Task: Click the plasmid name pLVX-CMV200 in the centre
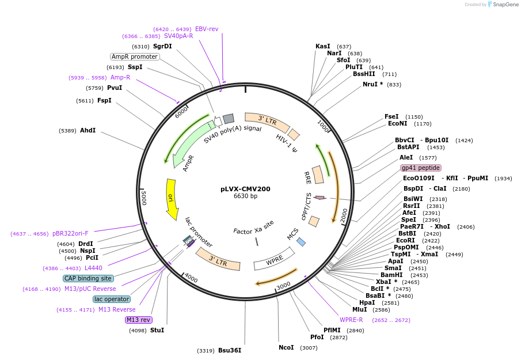pos(245,189)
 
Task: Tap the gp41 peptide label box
pos(421,168)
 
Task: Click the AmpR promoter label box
pos(135,56)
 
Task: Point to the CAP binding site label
pos(89,278)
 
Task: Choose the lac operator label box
pos(112,299)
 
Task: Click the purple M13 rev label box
pos(138,320)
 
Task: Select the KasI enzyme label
pos(323,46)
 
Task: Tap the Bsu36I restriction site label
pos(230,350)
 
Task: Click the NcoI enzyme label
pos(286,347)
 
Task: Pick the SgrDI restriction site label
pos(162,46)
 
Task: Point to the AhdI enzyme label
pos(88,131)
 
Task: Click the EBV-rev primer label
pos(207,29)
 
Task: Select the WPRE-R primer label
pos(351,320)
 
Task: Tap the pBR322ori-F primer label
pos(70,233)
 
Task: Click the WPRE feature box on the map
pos(275,262)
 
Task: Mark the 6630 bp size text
pos(245,196)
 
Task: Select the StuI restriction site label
pos(157,330)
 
